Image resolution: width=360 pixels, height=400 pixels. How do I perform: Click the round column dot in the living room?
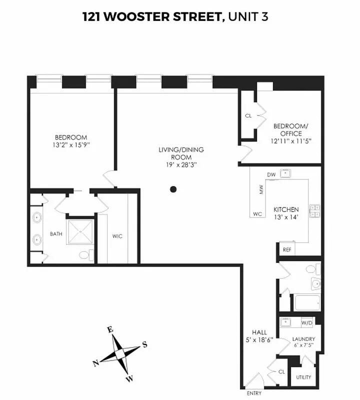pos(173,189)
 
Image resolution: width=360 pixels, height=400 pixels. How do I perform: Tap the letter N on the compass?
pos(95,363)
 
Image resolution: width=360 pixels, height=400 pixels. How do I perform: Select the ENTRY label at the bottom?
pos(254,393)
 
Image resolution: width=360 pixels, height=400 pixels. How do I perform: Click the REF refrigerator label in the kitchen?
pos(287,249)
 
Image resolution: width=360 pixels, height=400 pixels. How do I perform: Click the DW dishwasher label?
pos(271,174)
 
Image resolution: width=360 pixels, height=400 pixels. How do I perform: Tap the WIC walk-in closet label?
pos(117,236)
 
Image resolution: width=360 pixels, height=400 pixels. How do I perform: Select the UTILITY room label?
pos(304,376)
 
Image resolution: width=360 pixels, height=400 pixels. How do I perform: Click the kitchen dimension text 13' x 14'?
pos(286,217)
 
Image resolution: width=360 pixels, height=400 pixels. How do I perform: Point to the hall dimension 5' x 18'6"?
pos(259,339)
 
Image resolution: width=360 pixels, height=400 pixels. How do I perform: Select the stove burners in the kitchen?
pos(315,211)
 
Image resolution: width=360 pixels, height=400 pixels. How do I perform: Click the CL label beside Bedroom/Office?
pos(248,115)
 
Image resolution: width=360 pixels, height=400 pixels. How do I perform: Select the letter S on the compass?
pos(144,344)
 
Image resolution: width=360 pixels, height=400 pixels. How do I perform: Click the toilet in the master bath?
pos(85,255)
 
